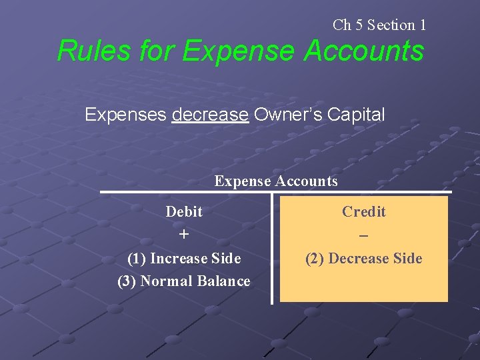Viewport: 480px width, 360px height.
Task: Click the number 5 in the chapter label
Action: (x=359, y=25)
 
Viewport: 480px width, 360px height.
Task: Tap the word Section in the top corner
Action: (x=391, y=25)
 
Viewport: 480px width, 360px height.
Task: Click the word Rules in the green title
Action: (x=85, y=51)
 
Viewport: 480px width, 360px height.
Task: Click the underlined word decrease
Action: (x=210, y=115)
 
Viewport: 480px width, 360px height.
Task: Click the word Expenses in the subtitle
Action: (x=125, y=115)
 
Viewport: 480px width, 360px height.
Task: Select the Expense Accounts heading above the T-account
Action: (x=276, y=181)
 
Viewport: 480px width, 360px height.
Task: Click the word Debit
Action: (x=184, y=212)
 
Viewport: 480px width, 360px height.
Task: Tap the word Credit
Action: (x=364, y=212)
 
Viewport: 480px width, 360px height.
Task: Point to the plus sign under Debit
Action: (x=184, y=235)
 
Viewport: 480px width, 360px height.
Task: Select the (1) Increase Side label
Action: (x=184, y=258)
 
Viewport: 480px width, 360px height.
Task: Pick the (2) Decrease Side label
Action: (x=364, y=259)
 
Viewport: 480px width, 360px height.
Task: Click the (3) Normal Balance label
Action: (x=184, y=281)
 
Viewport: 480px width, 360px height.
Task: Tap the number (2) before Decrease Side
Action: (x=315, y=259)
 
